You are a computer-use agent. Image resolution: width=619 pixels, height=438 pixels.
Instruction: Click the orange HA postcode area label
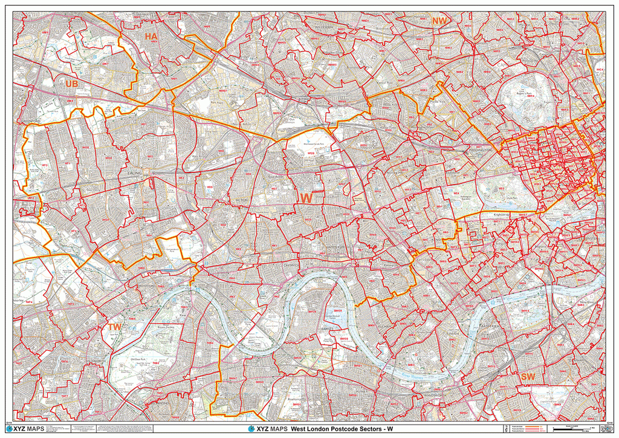click(151, 37)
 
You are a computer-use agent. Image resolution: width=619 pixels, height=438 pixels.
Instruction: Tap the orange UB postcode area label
click(72, 83)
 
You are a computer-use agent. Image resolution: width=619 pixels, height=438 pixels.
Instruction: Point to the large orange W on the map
click(306, 198)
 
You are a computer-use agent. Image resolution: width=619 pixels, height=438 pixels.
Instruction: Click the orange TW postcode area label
click(114, 327)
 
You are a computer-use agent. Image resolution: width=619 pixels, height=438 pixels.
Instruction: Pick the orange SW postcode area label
click(527, 377)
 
